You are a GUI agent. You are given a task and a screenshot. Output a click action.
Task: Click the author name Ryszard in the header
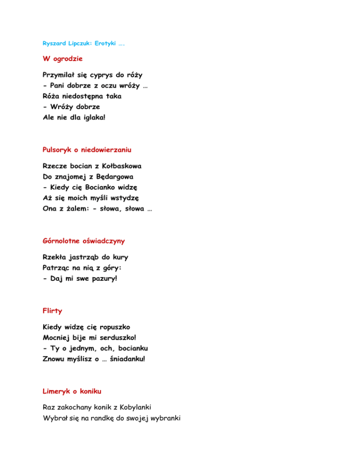pos(52,44)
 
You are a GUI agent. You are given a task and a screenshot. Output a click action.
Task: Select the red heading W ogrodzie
pos(63,60)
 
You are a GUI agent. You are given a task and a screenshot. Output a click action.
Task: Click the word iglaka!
pos(92,117)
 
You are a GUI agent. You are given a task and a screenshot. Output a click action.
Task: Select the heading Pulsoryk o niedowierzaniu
pos(87,150)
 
